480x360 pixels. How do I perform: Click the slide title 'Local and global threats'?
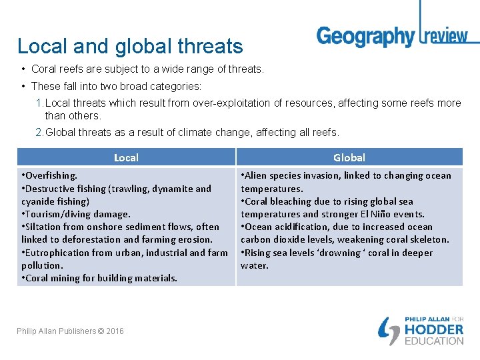click(130, 46)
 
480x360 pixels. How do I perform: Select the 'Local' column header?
click(126, 157)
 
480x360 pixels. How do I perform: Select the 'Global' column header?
click(349, 157)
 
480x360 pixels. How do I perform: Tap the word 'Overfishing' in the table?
click(51, 175)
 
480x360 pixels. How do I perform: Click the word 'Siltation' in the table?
click(44, 227)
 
